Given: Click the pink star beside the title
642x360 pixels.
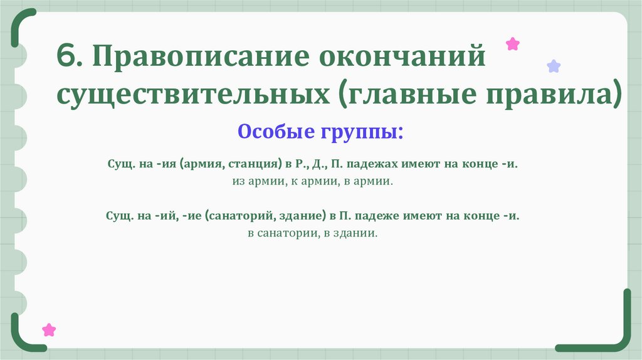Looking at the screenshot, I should (513, 44).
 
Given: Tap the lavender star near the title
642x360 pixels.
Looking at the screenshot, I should (554, 66).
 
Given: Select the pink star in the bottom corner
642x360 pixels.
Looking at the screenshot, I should (48, 330).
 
